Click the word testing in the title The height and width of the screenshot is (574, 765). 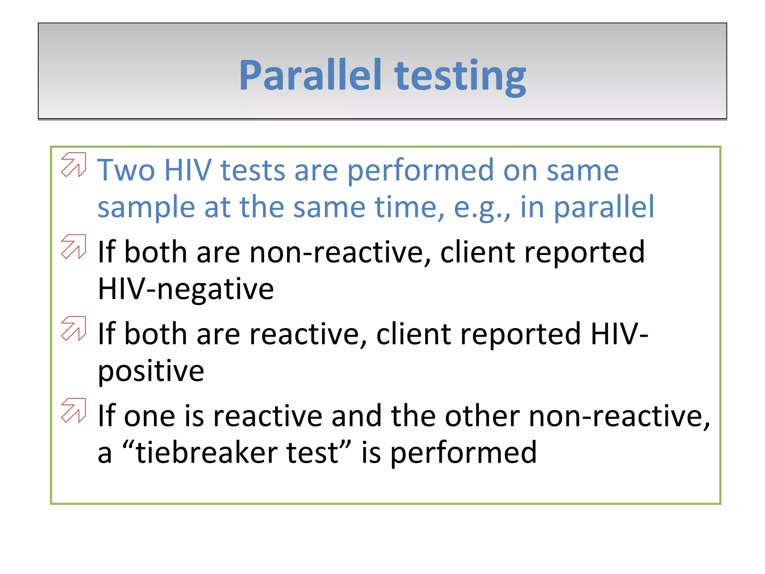[x=460, y=77]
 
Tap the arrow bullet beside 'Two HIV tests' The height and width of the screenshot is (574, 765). [x=74, y=164]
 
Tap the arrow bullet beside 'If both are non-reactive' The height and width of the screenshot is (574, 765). [x=74, y=247]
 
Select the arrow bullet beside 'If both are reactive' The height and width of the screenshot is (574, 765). [x=74, y=328]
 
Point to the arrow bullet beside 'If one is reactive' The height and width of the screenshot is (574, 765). [x=74, y=410]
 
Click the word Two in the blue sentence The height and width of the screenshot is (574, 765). [x=126, y=170]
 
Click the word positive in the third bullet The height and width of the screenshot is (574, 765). [x=151, y=371]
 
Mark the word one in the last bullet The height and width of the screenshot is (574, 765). [x=149, y=417]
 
